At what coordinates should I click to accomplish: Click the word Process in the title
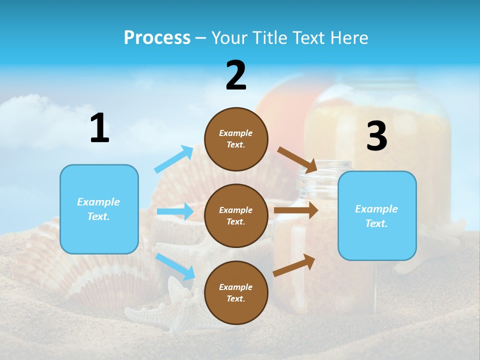pyautogui.click(x=157, y=38)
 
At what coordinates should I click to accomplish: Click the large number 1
pyautogui.click(x=99, y=128)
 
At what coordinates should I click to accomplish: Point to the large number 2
pyautogui.click(x=236, y=75)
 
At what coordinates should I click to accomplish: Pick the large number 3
pyautogui.click(x=376, y=136)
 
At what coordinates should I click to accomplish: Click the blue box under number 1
pyautogui.click(x=99, y=209)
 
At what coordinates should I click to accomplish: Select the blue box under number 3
pyautogui.click(x=377, y=216)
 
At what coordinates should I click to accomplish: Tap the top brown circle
pyautogui.click(x=236, y=139)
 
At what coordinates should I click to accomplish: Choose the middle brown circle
pyautogui.click(x=236, y=215)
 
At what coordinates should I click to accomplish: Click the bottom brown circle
pyautogui.click(x=236, y=292)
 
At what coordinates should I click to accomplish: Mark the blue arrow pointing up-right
pyautogui.click(x=174, y=159)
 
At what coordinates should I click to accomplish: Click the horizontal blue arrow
pyautogui.click(x=175, y=211)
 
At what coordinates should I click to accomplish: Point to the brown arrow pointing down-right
pyautogui.click(x=297, y=159)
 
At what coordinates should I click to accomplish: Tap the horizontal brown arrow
pyautogui.click(x=296, y=210)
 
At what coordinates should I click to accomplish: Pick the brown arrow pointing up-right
pyautogui.click(x=294, y=265)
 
